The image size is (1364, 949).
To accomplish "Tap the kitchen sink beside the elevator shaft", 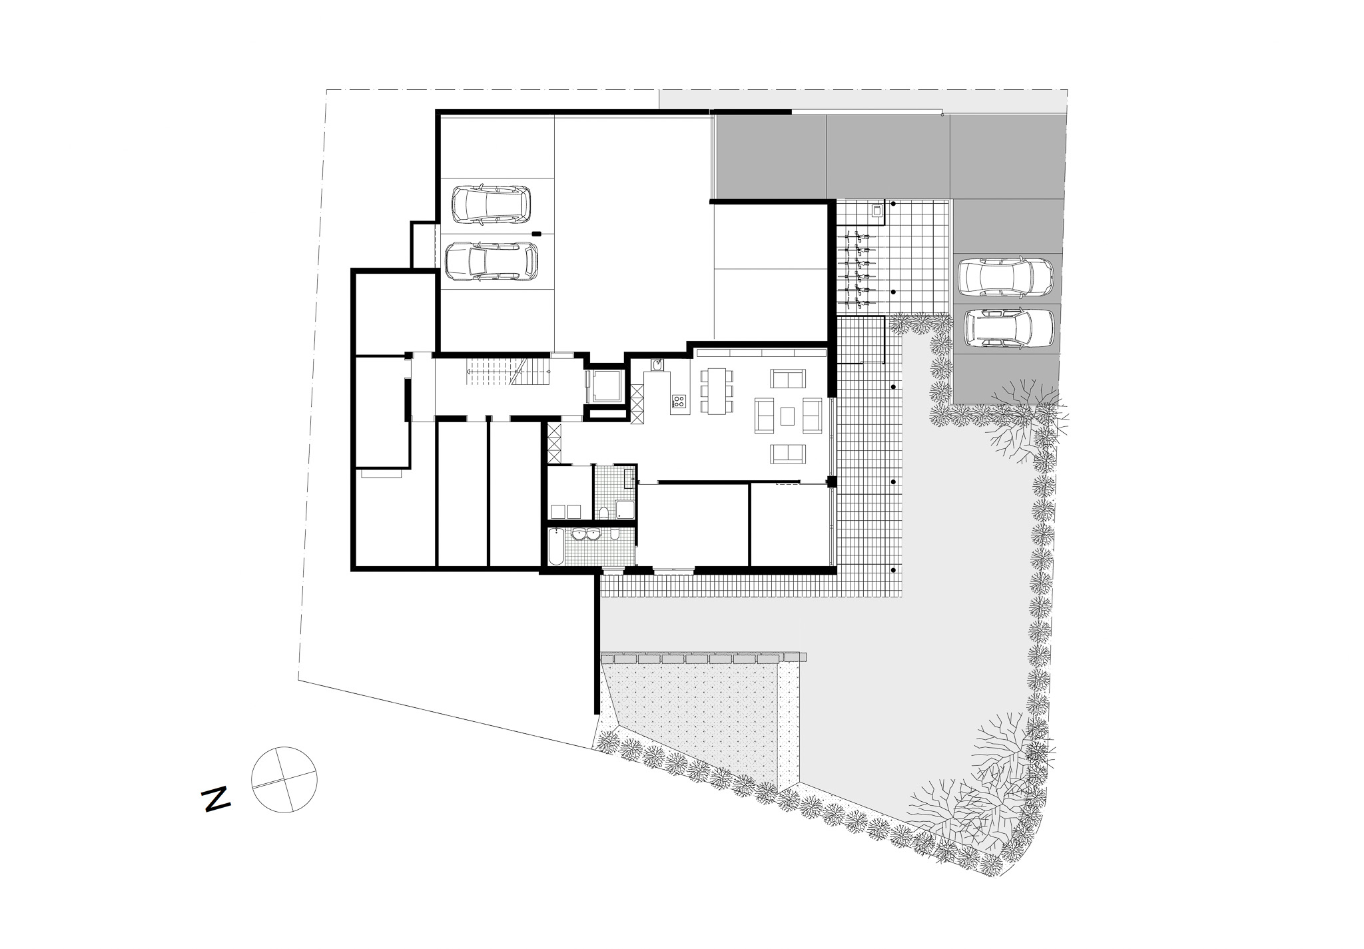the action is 657,365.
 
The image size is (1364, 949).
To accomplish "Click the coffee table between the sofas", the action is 788,416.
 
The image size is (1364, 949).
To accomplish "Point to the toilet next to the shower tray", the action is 603,511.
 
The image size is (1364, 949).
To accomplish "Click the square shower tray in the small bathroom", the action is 625,509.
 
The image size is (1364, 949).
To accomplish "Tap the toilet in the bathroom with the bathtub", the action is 614,535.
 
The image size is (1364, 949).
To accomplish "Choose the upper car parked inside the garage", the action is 492,204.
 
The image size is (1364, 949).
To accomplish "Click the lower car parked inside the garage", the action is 491,261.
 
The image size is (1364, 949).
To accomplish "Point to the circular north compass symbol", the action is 284,779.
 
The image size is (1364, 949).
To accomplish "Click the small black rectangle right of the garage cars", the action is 537,233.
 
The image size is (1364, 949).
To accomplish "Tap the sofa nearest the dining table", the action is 789,379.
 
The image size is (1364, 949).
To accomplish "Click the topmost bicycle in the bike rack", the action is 858,236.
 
